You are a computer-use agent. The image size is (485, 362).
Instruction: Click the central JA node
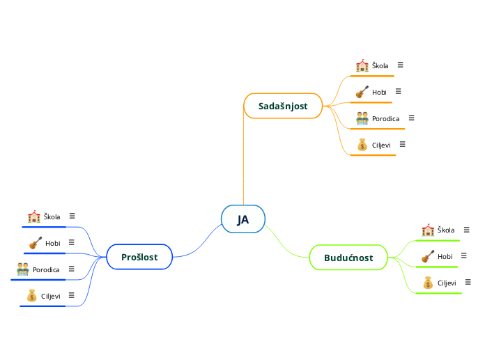pyautogui.click(x=243, y=220)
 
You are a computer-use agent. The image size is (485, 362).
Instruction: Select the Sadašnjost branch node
pyautogui.click(x=283, y=106)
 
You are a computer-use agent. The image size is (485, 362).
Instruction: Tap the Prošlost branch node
pyautogui.click(x=139, y=257)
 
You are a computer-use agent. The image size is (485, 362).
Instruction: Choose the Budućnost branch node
pyautogui.click(x=348, y=258)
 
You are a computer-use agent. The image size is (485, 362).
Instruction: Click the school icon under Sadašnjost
pyautogui.click(x=362, y=65)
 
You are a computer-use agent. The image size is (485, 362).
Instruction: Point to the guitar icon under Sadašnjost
pyautogui.click(x=362, y=92)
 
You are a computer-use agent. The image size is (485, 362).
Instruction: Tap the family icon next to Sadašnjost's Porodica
pyautogui.click(x=362, y=118)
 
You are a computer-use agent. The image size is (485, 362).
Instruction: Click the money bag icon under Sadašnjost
pyautogui.click(x=362, y=145)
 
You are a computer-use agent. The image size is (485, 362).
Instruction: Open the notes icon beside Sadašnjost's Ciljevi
pyautogui.click(x=402, y=144)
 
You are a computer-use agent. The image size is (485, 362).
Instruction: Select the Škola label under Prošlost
pyautogui.click(x=52, y=217)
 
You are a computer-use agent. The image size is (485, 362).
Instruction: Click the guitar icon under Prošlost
pyautogui.click(x=36, y=243)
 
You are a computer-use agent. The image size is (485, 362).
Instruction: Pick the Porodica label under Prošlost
pyautogui.click(x=46, y=269)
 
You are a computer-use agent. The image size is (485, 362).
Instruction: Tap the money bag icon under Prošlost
pyautogui.click(x=31, y=296)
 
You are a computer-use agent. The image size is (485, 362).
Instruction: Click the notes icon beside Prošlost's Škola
pyautogui.click(x=72, y=216)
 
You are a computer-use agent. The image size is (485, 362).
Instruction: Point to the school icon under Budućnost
pyautogui.click(x=428, y=230)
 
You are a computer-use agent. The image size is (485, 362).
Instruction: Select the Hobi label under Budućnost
pyautogui.click(x=445, y=257)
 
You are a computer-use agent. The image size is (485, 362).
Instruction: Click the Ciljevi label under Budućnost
pyautogui.click(x=447, y=283)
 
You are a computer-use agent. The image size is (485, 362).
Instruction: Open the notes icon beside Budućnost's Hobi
pyautogui.click(x=463, y=255)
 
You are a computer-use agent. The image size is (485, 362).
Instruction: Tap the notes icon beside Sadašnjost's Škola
pyautogui.click(x=400, y=65)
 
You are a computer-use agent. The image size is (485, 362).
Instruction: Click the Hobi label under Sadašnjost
pyautogui.click(x=379, y=92)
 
